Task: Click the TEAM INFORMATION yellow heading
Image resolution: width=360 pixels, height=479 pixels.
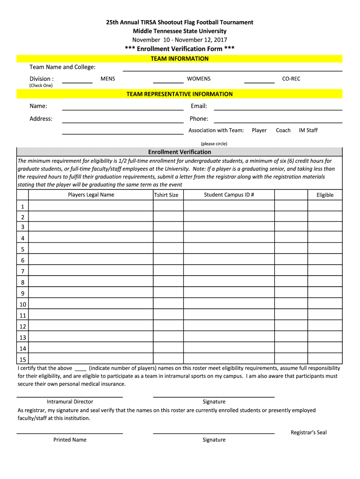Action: click(180, 58)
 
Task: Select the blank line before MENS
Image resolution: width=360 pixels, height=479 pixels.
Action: click(77, 82)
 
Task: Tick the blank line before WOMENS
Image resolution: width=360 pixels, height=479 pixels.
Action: click(168, 82)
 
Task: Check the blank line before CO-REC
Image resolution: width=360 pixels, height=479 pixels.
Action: click(259, 82)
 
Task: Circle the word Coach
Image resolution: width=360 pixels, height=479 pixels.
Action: click(283, 131)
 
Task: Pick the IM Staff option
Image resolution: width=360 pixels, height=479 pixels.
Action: click(308, 131)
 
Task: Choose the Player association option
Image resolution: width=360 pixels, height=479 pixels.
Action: click(259, 131)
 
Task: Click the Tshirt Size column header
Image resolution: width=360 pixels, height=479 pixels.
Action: click(166, 195)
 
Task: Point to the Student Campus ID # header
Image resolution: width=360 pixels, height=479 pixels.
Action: click(229, 195)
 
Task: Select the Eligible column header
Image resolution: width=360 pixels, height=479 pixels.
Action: click(325, 195)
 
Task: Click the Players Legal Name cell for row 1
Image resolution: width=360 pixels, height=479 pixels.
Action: click(91, 206)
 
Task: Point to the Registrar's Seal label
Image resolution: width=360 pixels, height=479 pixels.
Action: click(309, 433)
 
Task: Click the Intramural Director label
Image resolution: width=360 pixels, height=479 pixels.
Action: click(70, 402)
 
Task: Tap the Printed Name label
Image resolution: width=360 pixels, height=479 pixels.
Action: click(70, 440)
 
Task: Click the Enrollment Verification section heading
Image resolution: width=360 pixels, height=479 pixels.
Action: click(180, 152)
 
